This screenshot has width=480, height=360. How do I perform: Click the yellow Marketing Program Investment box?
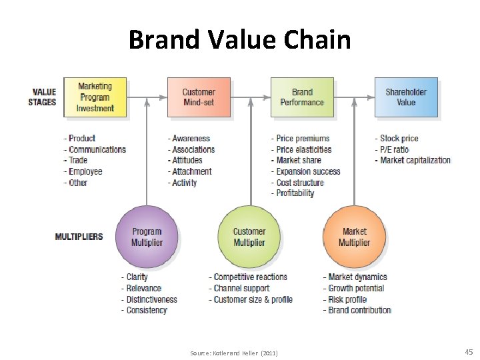95,97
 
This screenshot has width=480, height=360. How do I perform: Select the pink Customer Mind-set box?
199,97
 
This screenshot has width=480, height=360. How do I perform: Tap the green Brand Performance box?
302,97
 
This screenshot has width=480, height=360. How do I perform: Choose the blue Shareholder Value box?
406,97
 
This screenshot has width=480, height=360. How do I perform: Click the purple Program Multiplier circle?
146,237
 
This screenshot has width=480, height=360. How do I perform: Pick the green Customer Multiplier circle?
249,237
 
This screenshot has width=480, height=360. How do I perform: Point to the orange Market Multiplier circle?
354,237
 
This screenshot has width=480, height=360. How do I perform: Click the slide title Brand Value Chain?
239,40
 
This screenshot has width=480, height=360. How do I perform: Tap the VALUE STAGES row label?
43,97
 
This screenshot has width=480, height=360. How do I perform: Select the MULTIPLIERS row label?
79,237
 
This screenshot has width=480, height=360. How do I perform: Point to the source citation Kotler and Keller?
233,352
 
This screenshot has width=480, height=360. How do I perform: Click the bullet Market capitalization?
415,161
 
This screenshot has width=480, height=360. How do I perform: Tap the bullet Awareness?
191,139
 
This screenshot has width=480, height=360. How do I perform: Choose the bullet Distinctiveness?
151,299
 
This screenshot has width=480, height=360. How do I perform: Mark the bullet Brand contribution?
359,311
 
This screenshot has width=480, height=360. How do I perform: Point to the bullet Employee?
85,171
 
